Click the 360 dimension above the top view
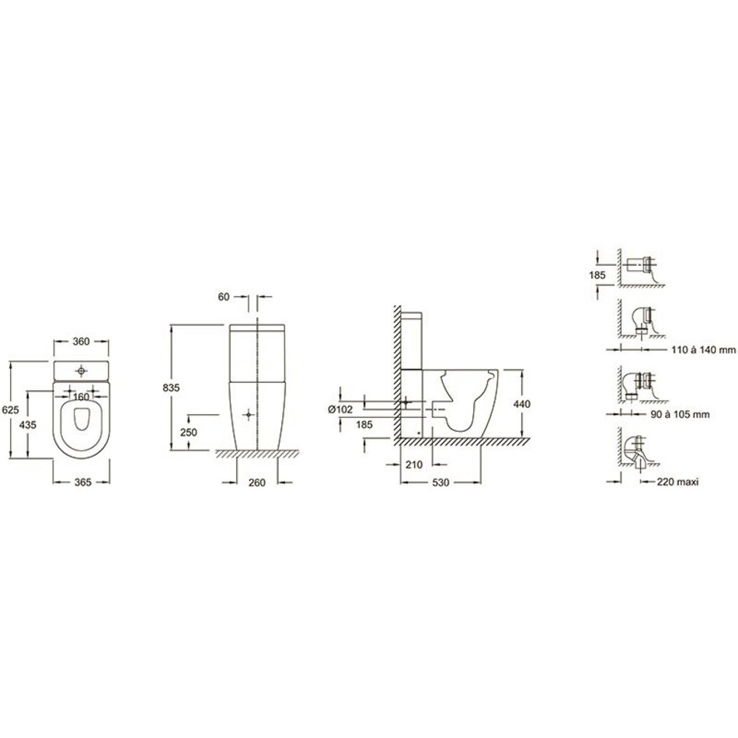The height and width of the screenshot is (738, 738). coord(82,341)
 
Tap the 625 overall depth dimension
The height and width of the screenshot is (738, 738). coord(11,410)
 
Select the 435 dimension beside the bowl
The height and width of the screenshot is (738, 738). coord(28,424)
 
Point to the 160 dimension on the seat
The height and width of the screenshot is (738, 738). coord(82,397)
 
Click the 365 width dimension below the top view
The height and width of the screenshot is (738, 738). coord(83,482)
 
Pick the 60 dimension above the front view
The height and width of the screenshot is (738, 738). coord(224,297)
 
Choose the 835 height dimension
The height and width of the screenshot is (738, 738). coord(171,388)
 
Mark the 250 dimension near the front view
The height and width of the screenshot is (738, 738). coord(188,432)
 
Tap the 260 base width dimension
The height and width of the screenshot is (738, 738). coord(257,482)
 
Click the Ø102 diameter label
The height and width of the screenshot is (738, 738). coord(340,409)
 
